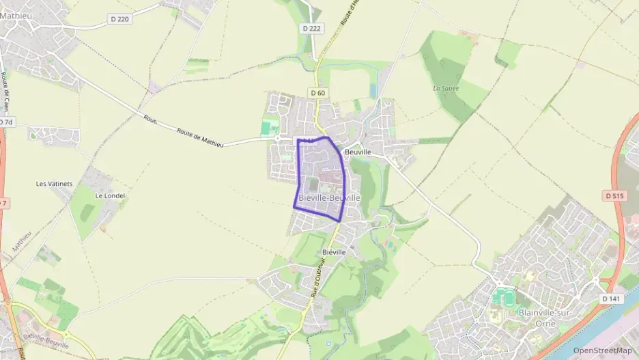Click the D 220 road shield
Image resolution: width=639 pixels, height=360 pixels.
pyautogui.click(x=119, y=19)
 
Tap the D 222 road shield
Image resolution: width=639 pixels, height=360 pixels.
pyautogui.click(x=311, y=28)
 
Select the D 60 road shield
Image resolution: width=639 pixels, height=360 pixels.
pyautogui.click(x=317, y=93)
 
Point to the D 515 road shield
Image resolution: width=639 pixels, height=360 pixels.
pyautogui.click(x=614, y=196)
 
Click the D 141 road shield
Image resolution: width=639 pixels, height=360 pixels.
pyautogui.click(x=612, y=299)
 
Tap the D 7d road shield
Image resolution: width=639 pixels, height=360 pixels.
pyautogui.click(x=6, y=122)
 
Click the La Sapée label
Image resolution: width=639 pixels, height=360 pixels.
pyautogui.click(x=446, y=88)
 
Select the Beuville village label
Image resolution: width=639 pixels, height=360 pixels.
pyautogui.click(x=358, y=152)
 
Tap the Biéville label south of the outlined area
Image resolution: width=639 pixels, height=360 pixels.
pyautogui.click(x=334, y=252)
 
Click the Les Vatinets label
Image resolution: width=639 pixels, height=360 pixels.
pyautogui.click(x=54, y=184)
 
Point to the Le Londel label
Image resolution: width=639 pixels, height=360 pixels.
pyautogui.click(x=109, y=195)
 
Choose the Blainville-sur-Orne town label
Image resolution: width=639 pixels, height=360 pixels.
pyautogui.click(x=548, y=312)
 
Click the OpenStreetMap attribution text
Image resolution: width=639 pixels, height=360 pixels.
pyautogui.click(x=602, y=350)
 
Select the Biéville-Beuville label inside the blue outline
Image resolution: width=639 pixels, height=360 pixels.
pyautogui.click(x=329, y=197)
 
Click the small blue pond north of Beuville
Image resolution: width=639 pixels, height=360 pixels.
pyautogui.click(x=373, y=91)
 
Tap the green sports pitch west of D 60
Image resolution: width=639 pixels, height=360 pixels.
pyautogui.click(x=266, y=128)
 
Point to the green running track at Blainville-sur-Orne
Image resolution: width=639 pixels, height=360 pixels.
pyautogui.click(x=505, y=297)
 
